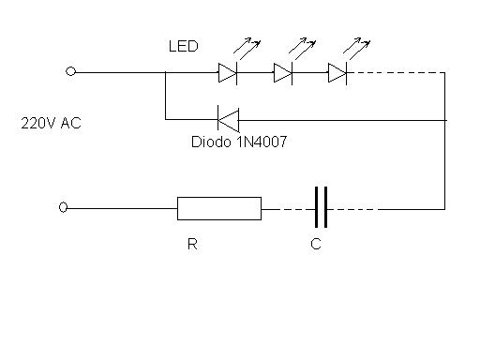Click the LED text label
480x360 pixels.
(x=184, y=46)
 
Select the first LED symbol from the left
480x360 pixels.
(x=228, y=71)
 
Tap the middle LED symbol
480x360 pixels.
(x=283, y=71)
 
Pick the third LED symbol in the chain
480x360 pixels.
(x=337, y=71)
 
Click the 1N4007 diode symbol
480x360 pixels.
(x=228, y=119)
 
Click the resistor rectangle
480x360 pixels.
(x=219, y=208)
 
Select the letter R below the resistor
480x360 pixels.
(x=192, y=245)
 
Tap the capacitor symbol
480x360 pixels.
(x=321, y=207)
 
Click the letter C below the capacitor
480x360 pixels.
(x=316, y=245)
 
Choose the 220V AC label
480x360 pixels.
(x=51, y=123)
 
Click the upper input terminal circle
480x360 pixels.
(x=70, y=71)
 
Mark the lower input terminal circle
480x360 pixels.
(x=63, y=208)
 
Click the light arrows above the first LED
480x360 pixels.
(x=247, y=45)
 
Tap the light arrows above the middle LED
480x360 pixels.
(x=302, y=45)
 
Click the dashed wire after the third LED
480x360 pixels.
(x=394, y=71)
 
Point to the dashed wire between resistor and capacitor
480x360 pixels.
(x=286, y=208)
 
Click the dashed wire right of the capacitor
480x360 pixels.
(x=356, y=208)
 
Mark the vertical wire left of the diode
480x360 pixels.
(x=165, y=96)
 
